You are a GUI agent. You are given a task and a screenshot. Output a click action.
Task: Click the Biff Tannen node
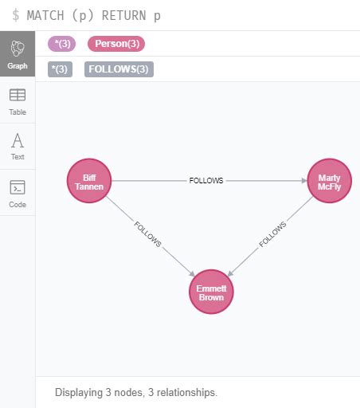[89, 181]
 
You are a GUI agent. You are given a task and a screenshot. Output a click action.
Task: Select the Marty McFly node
[329, 181]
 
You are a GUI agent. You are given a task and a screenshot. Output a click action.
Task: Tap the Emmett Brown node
[211, 292]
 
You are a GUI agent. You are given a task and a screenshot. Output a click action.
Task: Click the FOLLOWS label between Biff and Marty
[206, 181]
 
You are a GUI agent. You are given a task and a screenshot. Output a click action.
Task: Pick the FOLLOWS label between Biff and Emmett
[147, 234]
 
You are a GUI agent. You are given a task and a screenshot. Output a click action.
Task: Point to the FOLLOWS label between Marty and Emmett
[272, 234]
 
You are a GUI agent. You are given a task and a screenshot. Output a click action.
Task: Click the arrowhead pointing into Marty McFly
[304, 181]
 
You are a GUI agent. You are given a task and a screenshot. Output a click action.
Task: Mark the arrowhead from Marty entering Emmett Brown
[230, 273]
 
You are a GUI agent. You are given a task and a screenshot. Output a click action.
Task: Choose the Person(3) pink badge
[116, 44]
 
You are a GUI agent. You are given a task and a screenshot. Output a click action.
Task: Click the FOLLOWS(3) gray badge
[119, 69]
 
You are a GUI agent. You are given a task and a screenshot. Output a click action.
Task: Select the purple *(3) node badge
[61, 44]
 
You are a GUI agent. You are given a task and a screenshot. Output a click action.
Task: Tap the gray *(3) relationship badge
[60, 69]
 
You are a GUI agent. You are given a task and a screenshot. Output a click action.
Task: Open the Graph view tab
[18, 53]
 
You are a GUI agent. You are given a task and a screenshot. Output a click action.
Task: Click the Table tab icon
[18, 95]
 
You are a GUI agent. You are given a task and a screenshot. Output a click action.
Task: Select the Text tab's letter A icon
[18, 140]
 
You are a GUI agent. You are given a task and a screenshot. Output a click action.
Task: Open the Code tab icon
[18, 187]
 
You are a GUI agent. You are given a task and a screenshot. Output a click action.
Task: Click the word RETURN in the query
[124, 15]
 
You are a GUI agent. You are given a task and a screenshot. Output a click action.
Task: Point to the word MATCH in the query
[45, 15]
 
